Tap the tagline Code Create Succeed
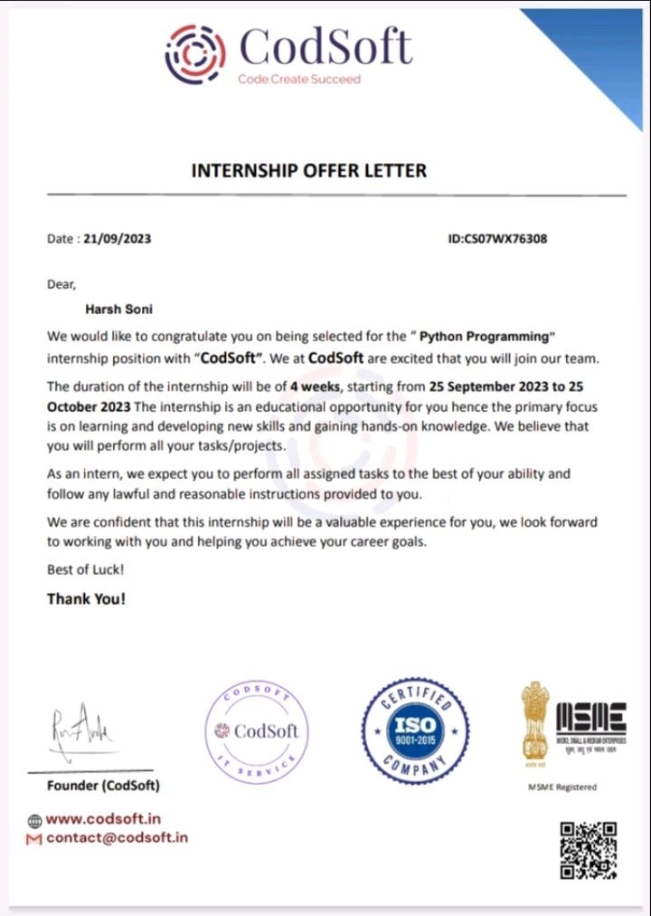(298, 79)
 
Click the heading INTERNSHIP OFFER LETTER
(309, 170)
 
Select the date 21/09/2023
(117, 239)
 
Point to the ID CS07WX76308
(497, 239)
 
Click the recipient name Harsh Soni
(118, 310)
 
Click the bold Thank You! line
(86, 598)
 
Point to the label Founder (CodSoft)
(103, 785)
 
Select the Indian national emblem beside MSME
(534, 720)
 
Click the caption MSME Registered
(561, 787)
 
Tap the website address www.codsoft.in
(103, 819)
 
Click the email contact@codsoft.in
(117, 837)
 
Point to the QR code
(588, 850)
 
